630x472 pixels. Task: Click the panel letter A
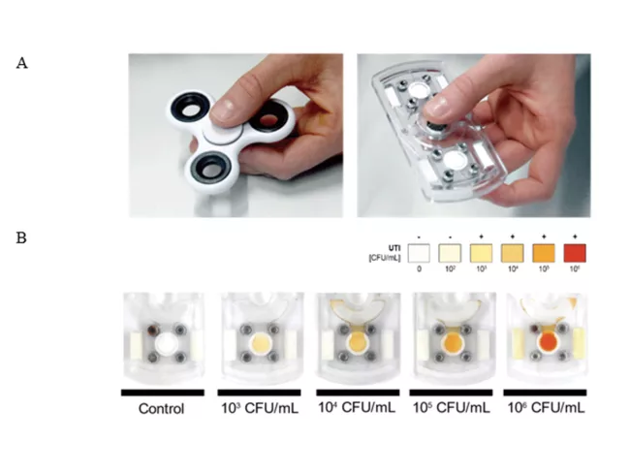click(21, 63)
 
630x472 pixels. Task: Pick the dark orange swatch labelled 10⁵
click(537, 253)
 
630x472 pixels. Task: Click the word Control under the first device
click(162, 408)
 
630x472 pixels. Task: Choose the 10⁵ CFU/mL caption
click(453, 408)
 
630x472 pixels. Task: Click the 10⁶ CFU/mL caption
click(548, 408)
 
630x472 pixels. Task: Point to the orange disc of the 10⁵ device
click(452, 344)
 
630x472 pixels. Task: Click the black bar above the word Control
click(162, 393)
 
